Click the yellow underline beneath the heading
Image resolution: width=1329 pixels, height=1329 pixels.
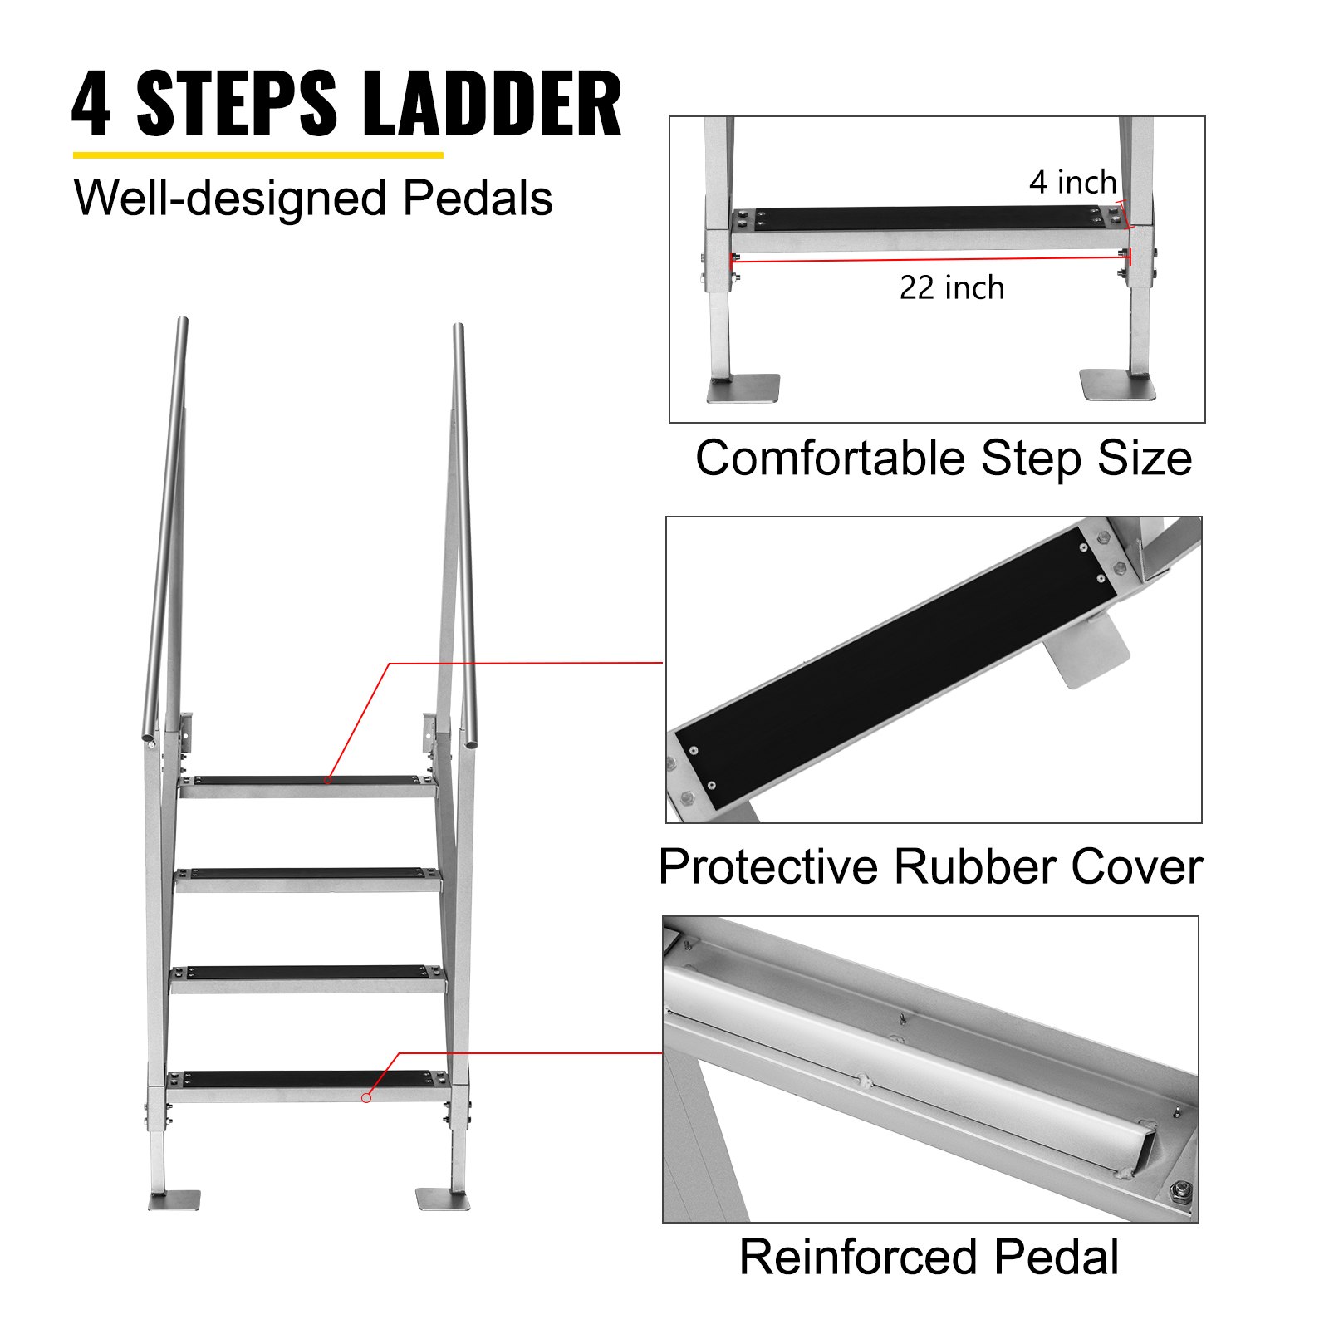pos(257,154)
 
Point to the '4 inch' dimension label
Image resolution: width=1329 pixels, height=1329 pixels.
pos(1072,183)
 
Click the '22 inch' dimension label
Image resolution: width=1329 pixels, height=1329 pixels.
pos(952,288)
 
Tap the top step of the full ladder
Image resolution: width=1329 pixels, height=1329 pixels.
pos(307,782)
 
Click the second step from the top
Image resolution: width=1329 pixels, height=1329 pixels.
pos(307,875)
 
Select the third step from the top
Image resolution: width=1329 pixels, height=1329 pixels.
pos(307,973)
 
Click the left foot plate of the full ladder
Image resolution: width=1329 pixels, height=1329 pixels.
pos(174,1200)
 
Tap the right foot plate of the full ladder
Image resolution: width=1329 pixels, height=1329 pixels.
pos(442,1199)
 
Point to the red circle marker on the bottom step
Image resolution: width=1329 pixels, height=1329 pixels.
pos(366,1098)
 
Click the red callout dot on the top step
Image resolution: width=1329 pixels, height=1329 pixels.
pos(328,781)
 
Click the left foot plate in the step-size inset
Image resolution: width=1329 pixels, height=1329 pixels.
pos(744,387)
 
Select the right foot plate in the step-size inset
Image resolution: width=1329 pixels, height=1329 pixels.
pos(1116,385)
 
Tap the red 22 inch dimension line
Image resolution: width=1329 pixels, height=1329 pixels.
pos(930,259)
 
